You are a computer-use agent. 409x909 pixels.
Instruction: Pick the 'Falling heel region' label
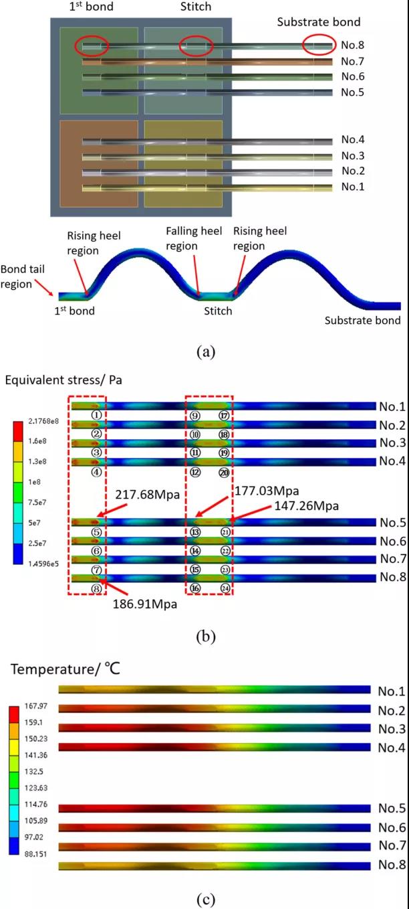pos(192,238)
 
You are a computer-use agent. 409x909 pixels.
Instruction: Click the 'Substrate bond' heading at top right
pos(319,22)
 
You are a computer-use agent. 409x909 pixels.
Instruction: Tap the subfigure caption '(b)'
pos(204,637)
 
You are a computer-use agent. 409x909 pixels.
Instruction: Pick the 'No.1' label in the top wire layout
pos(352,187)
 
